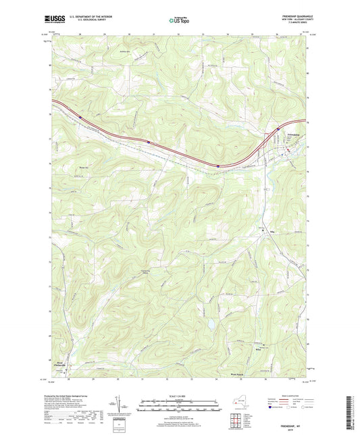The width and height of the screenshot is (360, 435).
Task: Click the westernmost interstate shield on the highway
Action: coord(79,117)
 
